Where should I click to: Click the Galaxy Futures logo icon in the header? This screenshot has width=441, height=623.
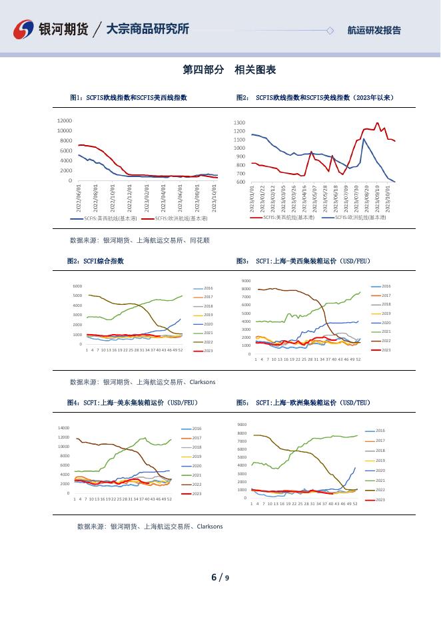pyautogui.click(x=24, y=29)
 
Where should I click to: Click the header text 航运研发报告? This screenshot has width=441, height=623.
pyautogui.click(x=374, y=30)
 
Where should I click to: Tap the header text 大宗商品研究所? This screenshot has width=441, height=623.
pyautogui.click(x=148, y=29)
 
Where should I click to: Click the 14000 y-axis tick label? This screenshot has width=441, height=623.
pyautogui.click(x=64, y=428)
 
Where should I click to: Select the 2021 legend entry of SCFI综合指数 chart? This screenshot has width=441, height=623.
pyautogui.click(x=208, y=332)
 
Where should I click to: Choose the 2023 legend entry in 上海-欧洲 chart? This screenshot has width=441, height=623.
pyautogui.click(x=380, y=499)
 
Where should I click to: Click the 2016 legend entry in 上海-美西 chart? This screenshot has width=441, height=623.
pyautogui.click(x=386, y=286)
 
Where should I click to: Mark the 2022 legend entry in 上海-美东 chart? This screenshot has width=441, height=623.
pyautogui.click(x=197, y=484)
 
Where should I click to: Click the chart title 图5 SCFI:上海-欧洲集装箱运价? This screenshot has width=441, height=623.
pyautogui.click(x=303, y=403)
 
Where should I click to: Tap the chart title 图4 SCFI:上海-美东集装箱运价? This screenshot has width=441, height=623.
pyautogui.click(x=133, y=403)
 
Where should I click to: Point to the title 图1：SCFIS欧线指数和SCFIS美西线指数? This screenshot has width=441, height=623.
pyautogui.click(x=129, y=97)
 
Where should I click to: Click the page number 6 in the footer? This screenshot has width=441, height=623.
pyautogui.click(x=214, y=577)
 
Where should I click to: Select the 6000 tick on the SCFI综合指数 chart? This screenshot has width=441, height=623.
pyautogui.click(x=77, y=286)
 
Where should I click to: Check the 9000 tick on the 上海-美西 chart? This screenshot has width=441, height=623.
pyautogui.click(x=246, y=281)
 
